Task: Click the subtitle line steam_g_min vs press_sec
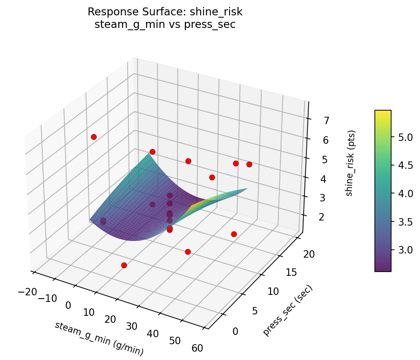point(165,25)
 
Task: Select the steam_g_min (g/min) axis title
point(99,339)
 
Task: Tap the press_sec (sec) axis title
point(287,310)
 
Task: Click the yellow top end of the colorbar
point(383,113)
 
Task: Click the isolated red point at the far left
point(94,137)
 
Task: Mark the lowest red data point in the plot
point(124,265)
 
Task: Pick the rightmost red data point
point(249,164)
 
